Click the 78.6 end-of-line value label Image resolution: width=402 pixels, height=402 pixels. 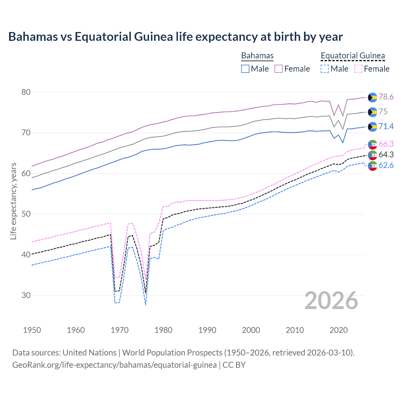click(386, 97)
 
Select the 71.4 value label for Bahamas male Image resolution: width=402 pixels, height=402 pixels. click(386, 126)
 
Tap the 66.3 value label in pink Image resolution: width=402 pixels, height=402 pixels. click(386, 144)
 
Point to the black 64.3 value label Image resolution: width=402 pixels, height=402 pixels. click(386, 155)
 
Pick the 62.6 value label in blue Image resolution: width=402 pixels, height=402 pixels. click(386, 165)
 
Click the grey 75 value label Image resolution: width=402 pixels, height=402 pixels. click(383, 111)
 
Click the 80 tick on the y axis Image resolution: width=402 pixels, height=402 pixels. click(26, 92)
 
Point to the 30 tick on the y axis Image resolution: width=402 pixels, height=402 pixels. click(26, 295)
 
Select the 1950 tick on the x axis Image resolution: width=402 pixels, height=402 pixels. click(32, 330)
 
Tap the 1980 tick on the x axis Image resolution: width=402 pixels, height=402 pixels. click(163, 330)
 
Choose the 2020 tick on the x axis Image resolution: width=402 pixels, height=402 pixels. click(339, 330)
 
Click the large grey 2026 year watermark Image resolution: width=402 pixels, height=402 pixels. click(331, 301)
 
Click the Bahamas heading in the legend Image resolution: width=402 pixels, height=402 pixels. click(257, 56)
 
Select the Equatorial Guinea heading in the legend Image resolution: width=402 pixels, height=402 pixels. click(353, 56)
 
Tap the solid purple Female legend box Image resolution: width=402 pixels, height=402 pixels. click(279, 69)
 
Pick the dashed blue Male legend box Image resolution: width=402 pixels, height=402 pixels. click(325, 69)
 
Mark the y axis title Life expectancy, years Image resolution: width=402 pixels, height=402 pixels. click(13, 201)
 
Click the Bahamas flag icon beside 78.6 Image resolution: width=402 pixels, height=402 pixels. click(372, 97)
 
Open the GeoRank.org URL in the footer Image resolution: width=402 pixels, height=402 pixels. click(114, 365)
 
